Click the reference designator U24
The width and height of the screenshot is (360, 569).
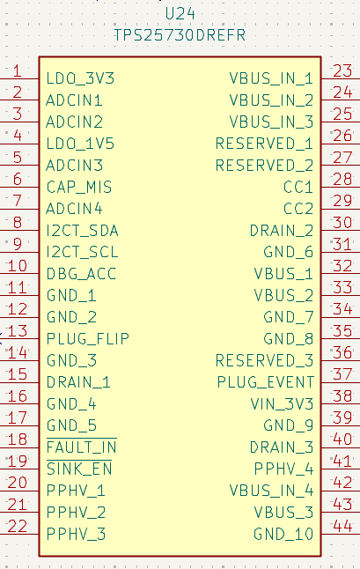click(x=180, y=14)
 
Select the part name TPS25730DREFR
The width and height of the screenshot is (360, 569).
click(x=180, y=35)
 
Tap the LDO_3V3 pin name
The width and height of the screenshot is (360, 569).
click(x=80, y=78)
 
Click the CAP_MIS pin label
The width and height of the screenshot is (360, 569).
click(x=79, y=187)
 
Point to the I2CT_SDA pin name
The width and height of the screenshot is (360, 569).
click(x=82, y=231)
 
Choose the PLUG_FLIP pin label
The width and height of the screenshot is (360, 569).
click(x=88, y=339)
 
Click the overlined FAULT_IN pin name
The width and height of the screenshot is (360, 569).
click(x=82, y=447)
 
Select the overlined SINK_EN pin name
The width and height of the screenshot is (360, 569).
click(x=79, y=468)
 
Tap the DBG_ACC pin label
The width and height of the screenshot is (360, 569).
click(x=81, y=274)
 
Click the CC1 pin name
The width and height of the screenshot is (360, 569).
click(x=298, y=187)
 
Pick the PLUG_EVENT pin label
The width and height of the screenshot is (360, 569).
click(x=265, y=382)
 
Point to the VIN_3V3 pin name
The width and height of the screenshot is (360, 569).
click(x=282, y=404)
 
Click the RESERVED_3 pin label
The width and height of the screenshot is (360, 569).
click(x=264, y=361)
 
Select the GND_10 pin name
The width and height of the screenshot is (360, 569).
click(x=283, y=534)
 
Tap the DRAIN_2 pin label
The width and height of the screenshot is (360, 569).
click(x=282, y=231)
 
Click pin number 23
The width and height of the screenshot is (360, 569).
click(x=342, y=70)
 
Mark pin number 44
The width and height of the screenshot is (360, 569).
click(x=342, y=526)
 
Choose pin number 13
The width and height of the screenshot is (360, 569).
click(x=18, y=331)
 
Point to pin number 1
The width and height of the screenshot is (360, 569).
click(x=17, y=70)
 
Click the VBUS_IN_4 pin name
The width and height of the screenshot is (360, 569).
click(x=271, y=491)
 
